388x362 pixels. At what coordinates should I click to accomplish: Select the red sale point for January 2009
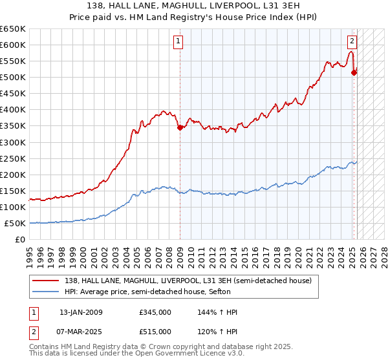(180, 127)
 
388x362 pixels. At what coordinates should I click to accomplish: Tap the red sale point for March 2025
(354, 73)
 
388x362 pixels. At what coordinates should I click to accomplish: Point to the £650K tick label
(13, 29)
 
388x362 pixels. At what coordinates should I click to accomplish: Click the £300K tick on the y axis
(13, 142)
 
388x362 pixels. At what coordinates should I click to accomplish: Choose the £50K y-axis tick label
(15, 224)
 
